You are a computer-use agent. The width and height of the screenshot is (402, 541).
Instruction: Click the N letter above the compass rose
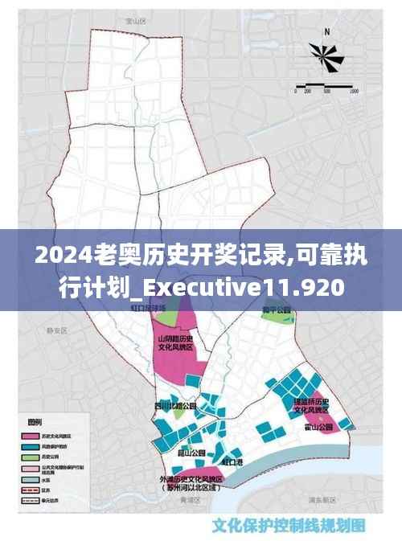point(326,32)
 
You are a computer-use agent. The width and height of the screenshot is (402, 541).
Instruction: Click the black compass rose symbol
point(326,57)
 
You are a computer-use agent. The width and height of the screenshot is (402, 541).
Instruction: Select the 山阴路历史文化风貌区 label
point(175,346)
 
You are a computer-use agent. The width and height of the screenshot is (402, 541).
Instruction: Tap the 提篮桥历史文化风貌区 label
point(311,405)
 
